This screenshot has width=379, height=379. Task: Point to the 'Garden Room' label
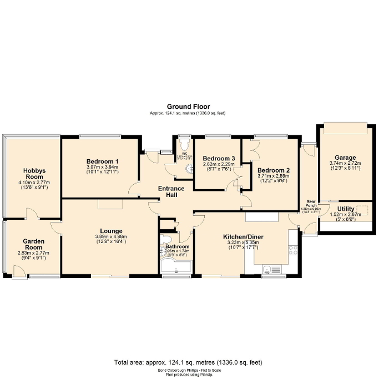click(x=34, y=244)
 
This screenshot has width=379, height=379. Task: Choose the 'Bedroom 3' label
click(x=219, y=158)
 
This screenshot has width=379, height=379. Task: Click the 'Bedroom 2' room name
click(x=274, y=170)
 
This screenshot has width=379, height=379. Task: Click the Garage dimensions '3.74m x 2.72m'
click(x=345, y=163)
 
